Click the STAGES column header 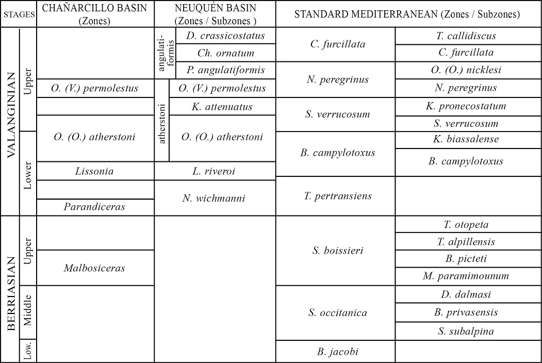pyautogui.click(x=19, y=14)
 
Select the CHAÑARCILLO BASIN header pyautogui.click(x=95, y=14)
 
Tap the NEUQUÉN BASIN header pyautogui.click(x=215, y=14)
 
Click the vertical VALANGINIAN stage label pyautogui.click(x=10, y=122)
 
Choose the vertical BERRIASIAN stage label pyautogui.click(x=10, y=289)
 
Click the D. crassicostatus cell pyautogui.click(x=225, y=36)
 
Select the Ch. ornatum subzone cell pyautogui.click(x=225, y=53)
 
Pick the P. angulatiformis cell pyautogui.click(x=225, y=70)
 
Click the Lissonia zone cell pyautogui.click(x=95, y=171)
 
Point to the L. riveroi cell pyautogui.click(x=215, y=171)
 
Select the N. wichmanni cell pyautogui.click(x=215, y=197)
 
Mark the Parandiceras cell pyautogui.click(x=95, y=207)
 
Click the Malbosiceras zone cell pyautogui.click(x=95, y=268)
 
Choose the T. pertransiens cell pyautogui.click(x=338, y=196)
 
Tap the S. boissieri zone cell pyautogui.click(x=338, y=251)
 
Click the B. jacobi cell pyautogui.click(x=338, y=352)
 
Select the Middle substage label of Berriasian pyautogui.click(x=28, y=311)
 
